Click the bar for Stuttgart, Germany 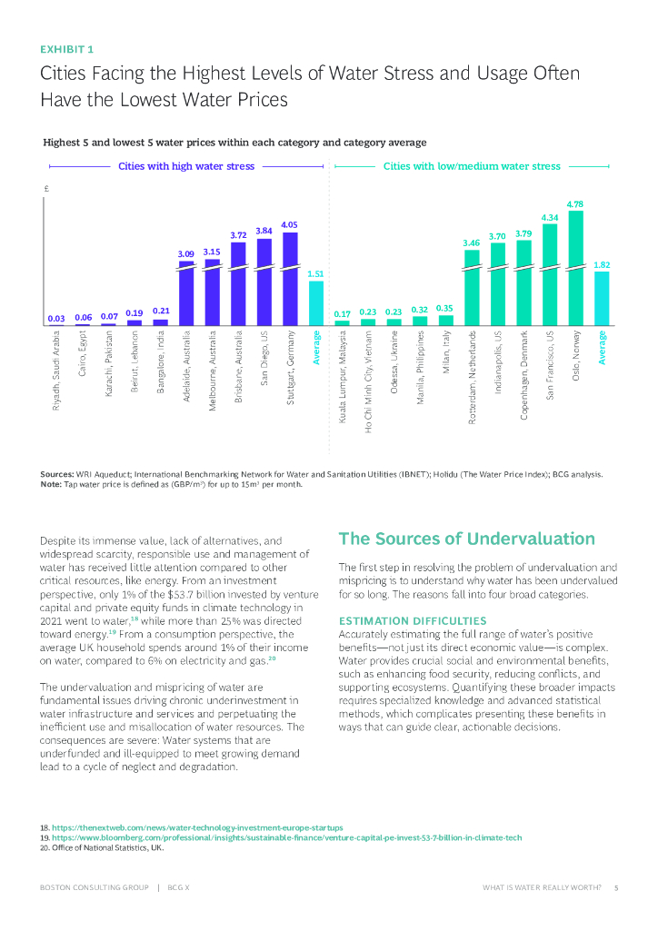(x=290, y=278)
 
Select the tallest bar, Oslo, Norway (x=575, y=268)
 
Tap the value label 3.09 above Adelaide (x=185, y=252)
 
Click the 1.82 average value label (x=601, y=264)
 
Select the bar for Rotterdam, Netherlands (x=472, y=286)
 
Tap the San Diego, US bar (x=264, y=282)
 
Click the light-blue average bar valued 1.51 (x=315, y=302)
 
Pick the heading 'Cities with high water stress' (x=186, y=167)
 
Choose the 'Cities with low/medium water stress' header (x=472, y=167)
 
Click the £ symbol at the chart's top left (x=45, y=189)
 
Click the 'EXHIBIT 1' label (x=66, y=49)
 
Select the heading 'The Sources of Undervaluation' (x=466, y=539)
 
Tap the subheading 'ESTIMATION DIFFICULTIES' (x=406, y=620)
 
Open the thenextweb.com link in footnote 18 (x=198, y=828)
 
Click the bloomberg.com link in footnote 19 (x=287, y=837)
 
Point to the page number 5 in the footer (x=616, y=887)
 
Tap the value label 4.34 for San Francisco (x=550, y=218)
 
